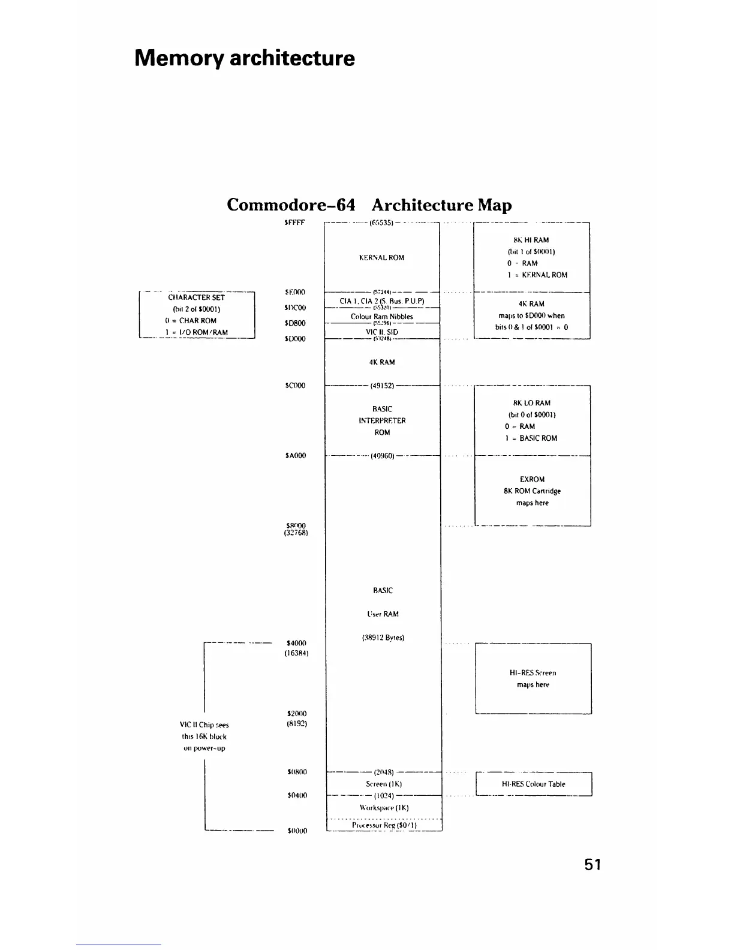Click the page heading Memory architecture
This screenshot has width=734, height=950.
[x=245, y=58]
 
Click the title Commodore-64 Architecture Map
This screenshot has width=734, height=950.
[x=369, y=205]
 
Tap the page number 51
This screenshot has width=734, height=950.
[x=592, y=864]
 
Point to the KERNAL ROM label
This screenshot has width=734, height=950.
[x=381, y=258]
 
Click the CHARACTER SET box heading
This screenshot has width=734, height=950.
[x=197, y=297]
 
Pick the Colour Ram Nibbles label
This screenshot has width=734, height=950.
[x=382, y=317]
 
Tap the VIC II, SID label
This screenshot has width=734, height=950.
[x=382, y=332]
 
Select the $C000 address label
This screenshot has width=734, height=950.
[x=296, y=386]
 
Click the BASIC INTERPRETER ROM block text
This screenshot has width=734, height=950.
[x=382, y=420]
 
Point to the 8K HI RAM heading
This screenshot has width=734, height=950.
[x=531, y=240]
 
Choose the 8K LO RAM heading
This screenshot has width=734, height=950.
[x=531, y=403]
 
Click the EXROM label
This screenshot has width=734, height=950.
[x=533, y=479]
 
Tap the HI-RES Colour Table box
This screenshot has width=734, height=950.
[x=533, y=784]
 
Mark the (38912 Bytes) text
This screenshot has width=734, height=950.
[x=383, y=638]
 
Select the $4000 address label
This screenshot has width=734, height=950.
[x=296, y=644]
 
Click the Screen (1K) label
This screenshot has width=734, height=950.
[x=384, y=784]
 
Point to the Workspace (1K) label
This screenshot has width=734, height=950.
[x=384, y=808]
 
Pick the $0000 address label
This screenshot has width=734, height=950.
[x=297, y=831]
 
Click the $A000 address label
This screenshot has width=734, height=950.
[x=296, y=456]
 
